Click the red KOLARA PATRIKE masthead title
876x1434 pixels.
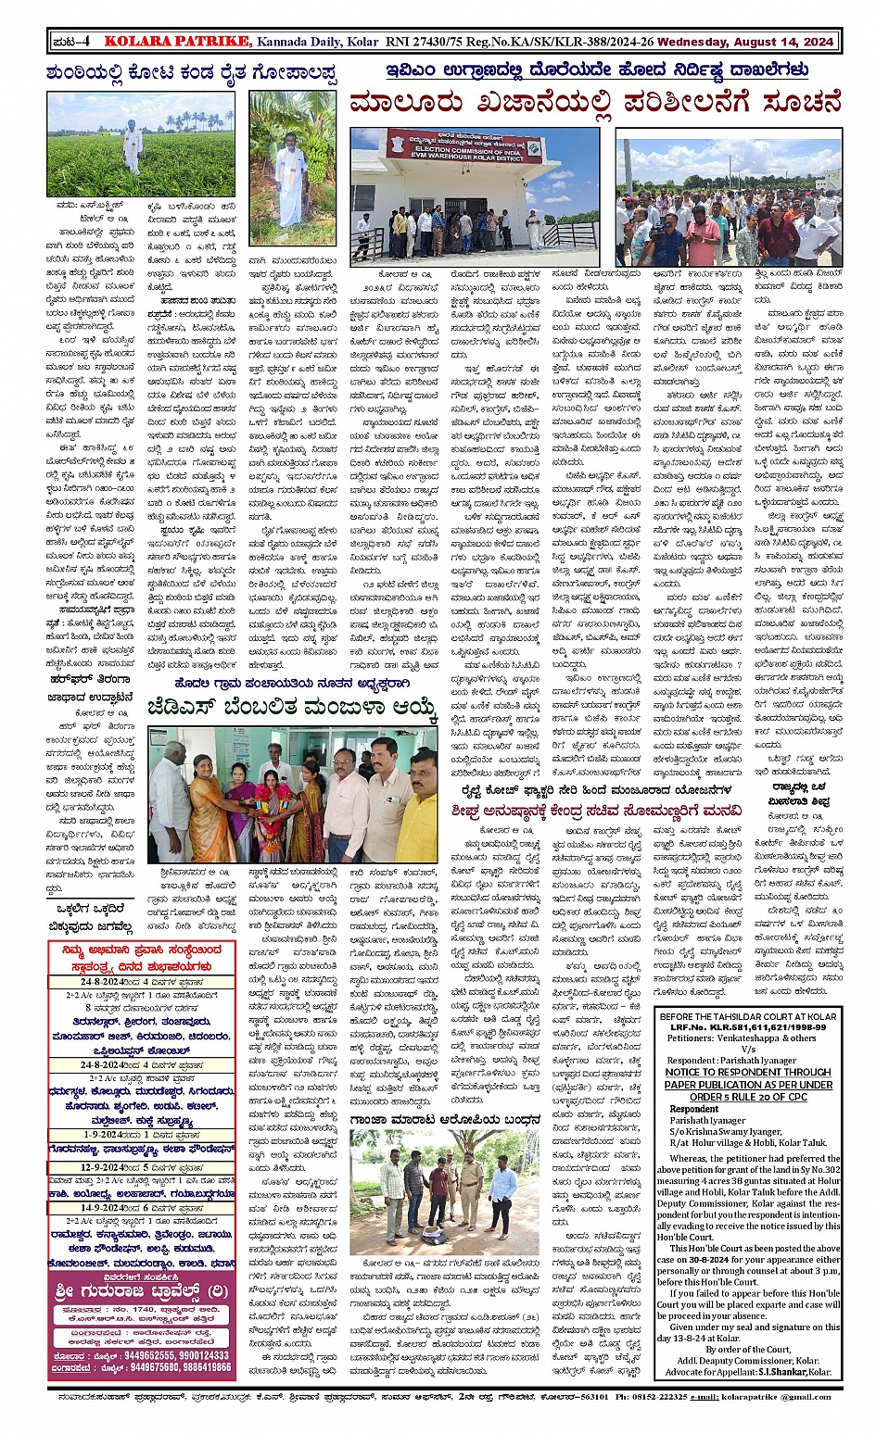[x=177, y=41]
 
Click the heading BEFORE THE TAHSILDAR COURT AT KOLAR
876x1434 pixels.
[x=749, y=1016]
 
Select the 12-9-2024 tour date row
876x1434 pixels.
[x=93, y=1168]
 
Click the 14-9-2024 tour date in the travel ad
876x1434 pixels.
[x=93, y=1209]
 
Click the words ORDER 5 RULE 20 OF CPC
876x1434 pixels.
[x=748, y=1096]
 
